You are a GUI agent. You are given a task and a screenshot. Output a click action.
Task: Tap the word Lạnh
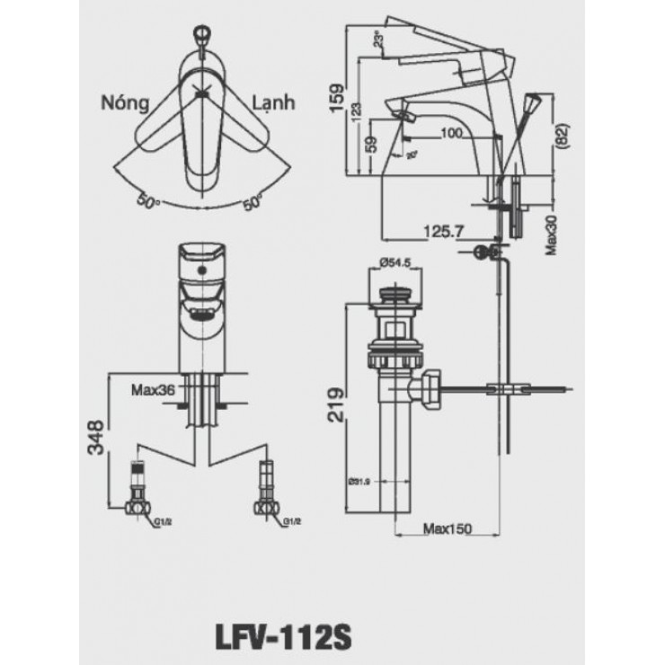273,102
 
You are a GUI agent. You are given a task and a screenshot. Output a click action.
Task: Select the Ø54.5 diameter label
395,262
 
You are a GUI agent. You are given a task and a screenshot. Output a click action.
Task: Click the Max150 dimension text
448,528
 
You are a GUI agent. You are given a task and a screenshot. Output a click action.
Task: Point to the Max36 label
152,390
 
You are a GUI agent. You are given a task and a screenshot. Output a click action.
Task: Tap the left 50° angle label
149,200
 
